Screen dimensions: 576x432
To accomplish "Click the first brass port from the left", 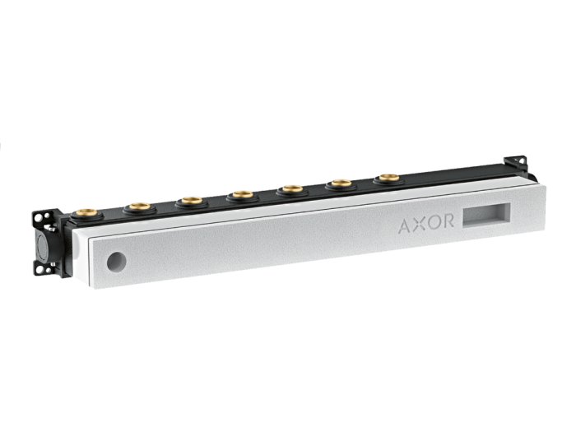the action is [x=87, y=212].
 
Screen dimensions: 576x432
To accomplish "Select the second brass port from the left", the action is [x=140, y=206].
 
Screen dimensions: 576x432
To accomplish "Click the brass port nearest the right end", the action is [x=388, y=178].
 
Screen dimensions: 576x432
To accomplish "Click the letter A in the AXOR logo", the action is [x=406, y=226].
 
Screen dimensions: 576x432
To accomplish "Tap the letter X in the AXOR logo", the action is [x=420, y=224].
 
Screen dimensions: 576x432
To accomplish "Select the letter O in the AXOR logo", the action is [x=434, y=222].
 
